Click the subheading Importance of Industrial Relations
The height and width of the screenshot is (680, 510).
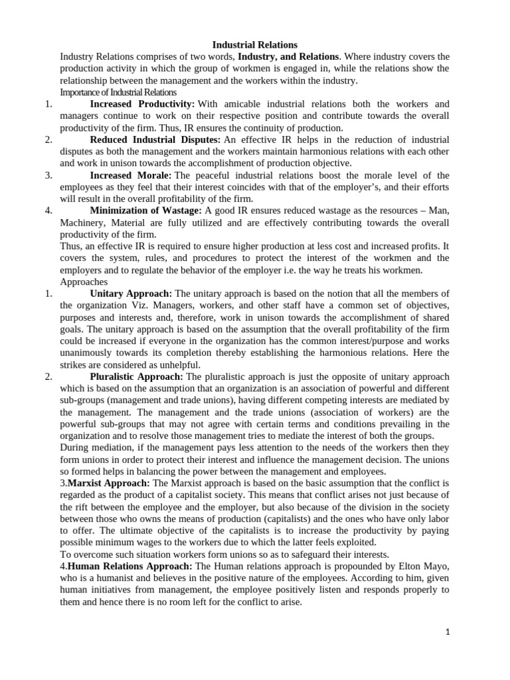click(118, 92)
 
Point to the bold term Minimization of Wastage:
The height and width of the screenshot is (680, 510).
click(145, 211)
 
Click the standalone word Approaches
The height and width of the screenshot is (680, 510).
click(84, 282)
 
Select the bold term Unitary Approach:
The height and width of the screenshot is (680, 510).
click(131, 294)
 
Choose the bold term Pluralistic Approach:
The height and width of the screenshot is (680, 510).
click(137, 377)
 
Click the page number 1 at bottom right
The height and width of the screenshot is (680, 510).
click(448, 633)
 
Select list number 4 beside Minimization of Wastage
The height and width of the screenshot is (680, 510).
click(48, 211)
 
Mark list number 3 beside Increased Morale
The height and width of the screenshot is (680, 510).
click(48, 175)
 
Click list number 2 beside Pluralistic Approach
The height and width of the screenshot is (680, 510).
click(48, 377)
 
